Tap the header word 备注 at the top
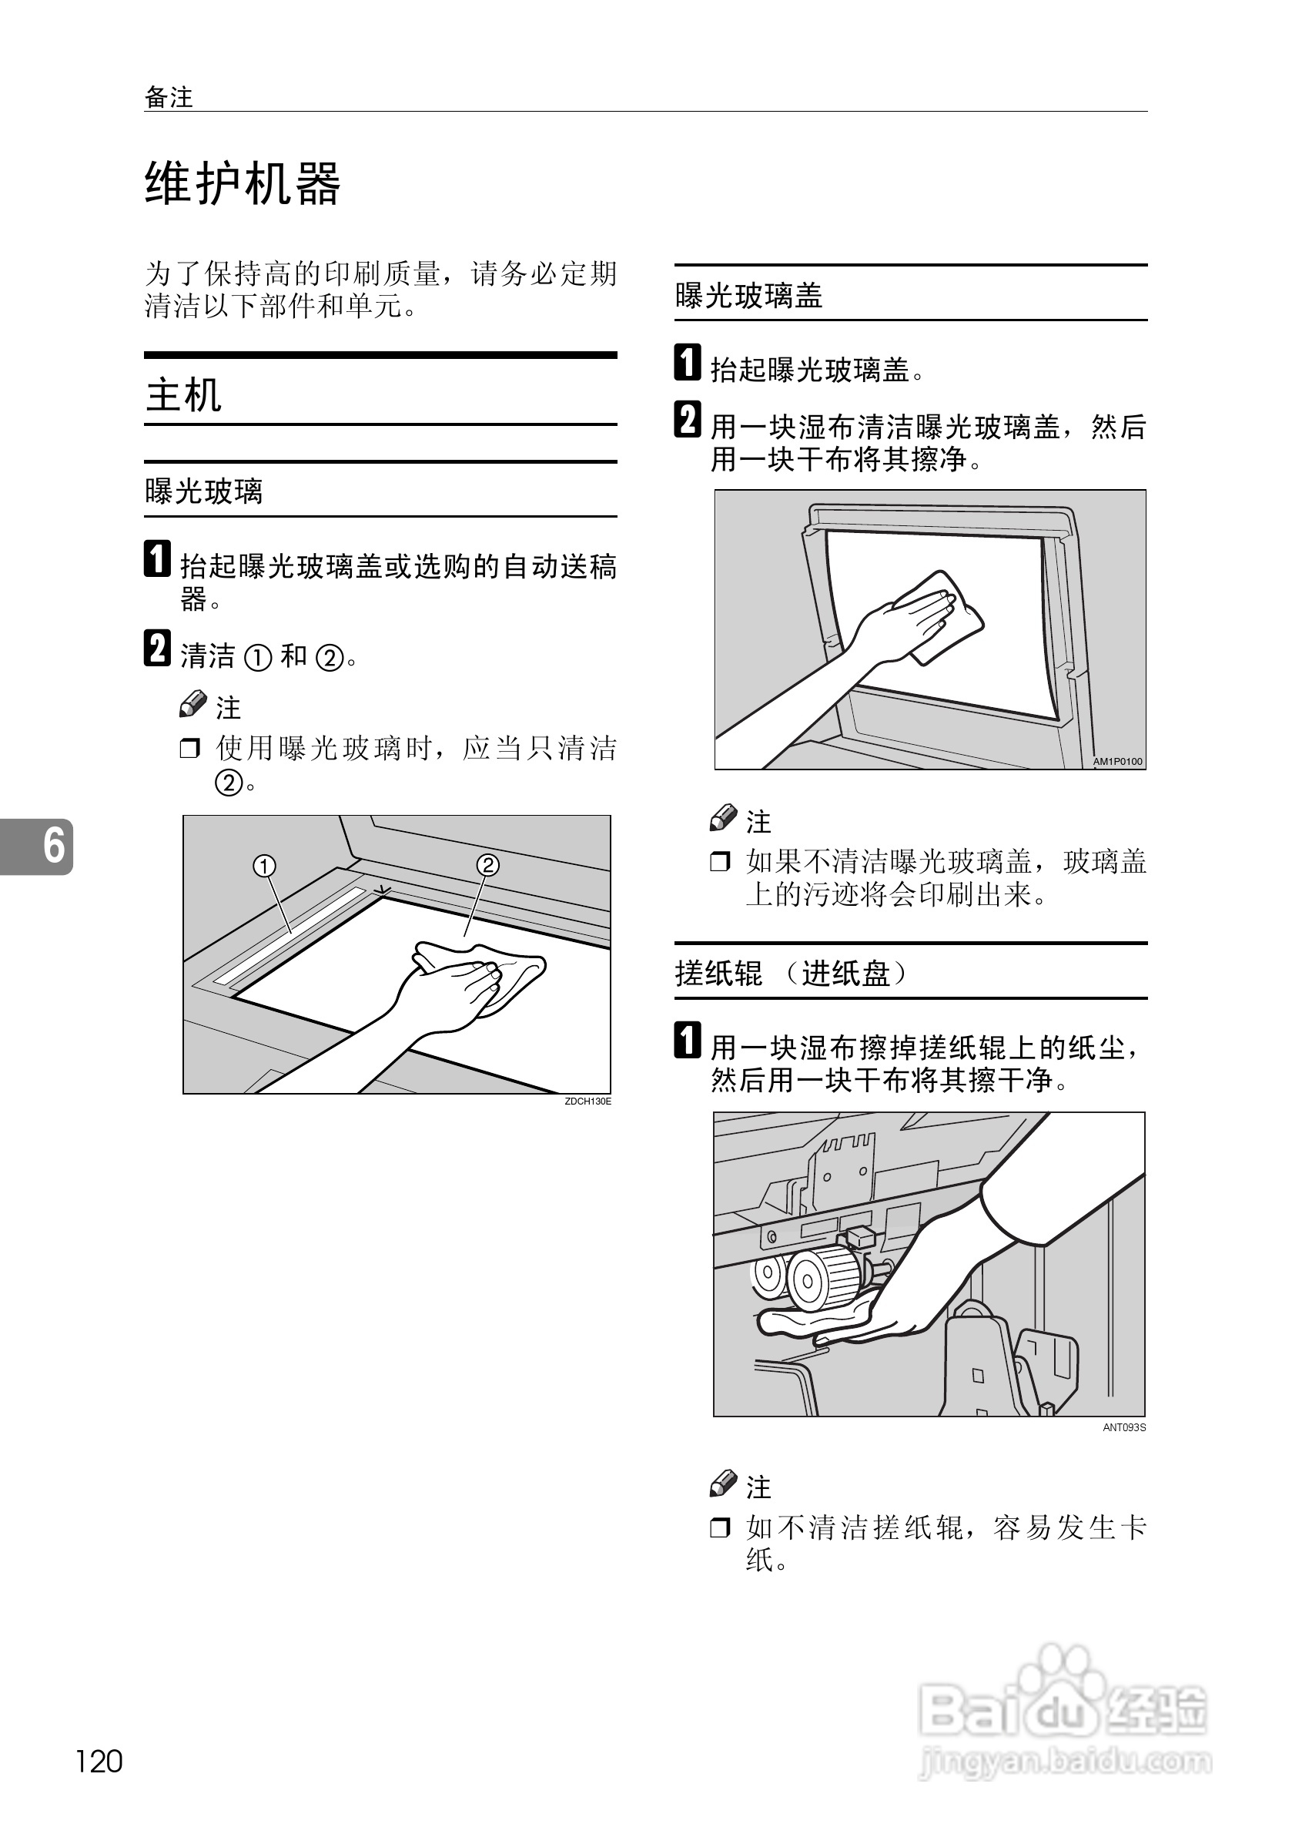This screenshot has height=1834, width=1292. pos(169,98)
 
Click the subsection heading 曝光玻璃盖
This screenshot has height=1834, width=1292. pos(748,296)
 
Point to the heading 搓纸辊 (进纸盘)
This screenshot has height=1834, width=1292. pos(791,973)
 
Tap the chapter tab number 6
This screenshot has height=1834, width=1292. pos(52,847)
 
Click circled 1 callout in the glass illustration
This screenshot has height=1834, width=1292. pos(264,866)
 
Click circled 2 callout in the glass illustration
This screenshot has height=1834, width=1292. pos(488,865)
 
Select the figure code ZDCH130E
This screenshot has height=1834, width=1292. pos(587,1101)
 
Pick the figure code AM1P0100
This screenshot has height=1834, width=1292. pos(1118,761)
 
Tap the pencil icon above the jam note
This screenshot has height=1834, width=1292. pos(724,1483)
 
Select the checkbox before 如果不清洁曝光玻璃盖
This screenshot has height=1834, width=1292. pos(719,862)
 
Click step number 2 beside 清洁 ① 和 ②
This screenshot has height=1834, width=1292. pos(156,648)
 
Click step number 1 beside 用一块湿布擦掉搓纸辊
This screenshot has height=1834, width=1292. pos(688,1041)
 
